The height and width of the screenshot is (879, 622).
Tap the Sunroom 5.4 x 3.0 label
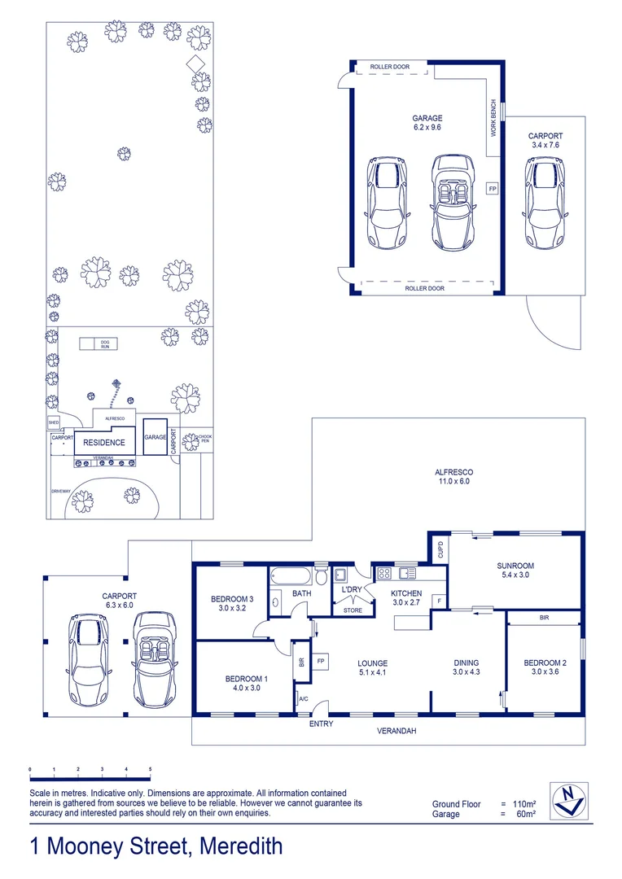pyautogui.click(x=515, y=571)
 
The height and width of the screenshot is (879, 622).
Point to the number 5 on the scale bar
pyautogui.click(x=150, y=769)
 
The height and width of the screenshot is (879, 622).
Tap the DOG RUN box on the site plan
pyautogui.click(x=105, y=343)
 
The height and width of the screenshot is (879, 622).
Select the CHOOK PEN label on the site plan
pyautogui.click(x=204, y=439)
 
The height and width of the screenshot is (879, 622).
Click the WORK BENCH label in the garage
pyautogui.click(x=493, y=117)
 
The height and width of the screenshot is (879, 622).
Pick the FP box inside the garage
pyautogui.click(x=492, y=189)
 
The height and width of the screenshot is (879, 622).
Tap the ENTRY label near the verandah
pyautogui.click(x=321, y=724)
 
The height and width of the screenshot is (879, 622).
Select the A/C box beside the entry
pyautogui.click(x=303, y=699)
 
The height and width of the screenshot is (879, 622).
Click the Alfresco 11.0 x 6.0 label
pyautogui.click(x=453, y=477)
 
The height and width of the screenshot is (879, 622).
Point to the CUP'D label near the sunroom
pyautogui.click(x=439, y=549)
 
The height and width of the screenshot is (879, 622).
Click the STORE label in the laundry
pyautogui.click(x=353, y=610)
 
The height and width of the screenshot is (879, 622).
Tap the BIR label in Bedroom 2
pyautogui.click(x=544, y=619)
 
